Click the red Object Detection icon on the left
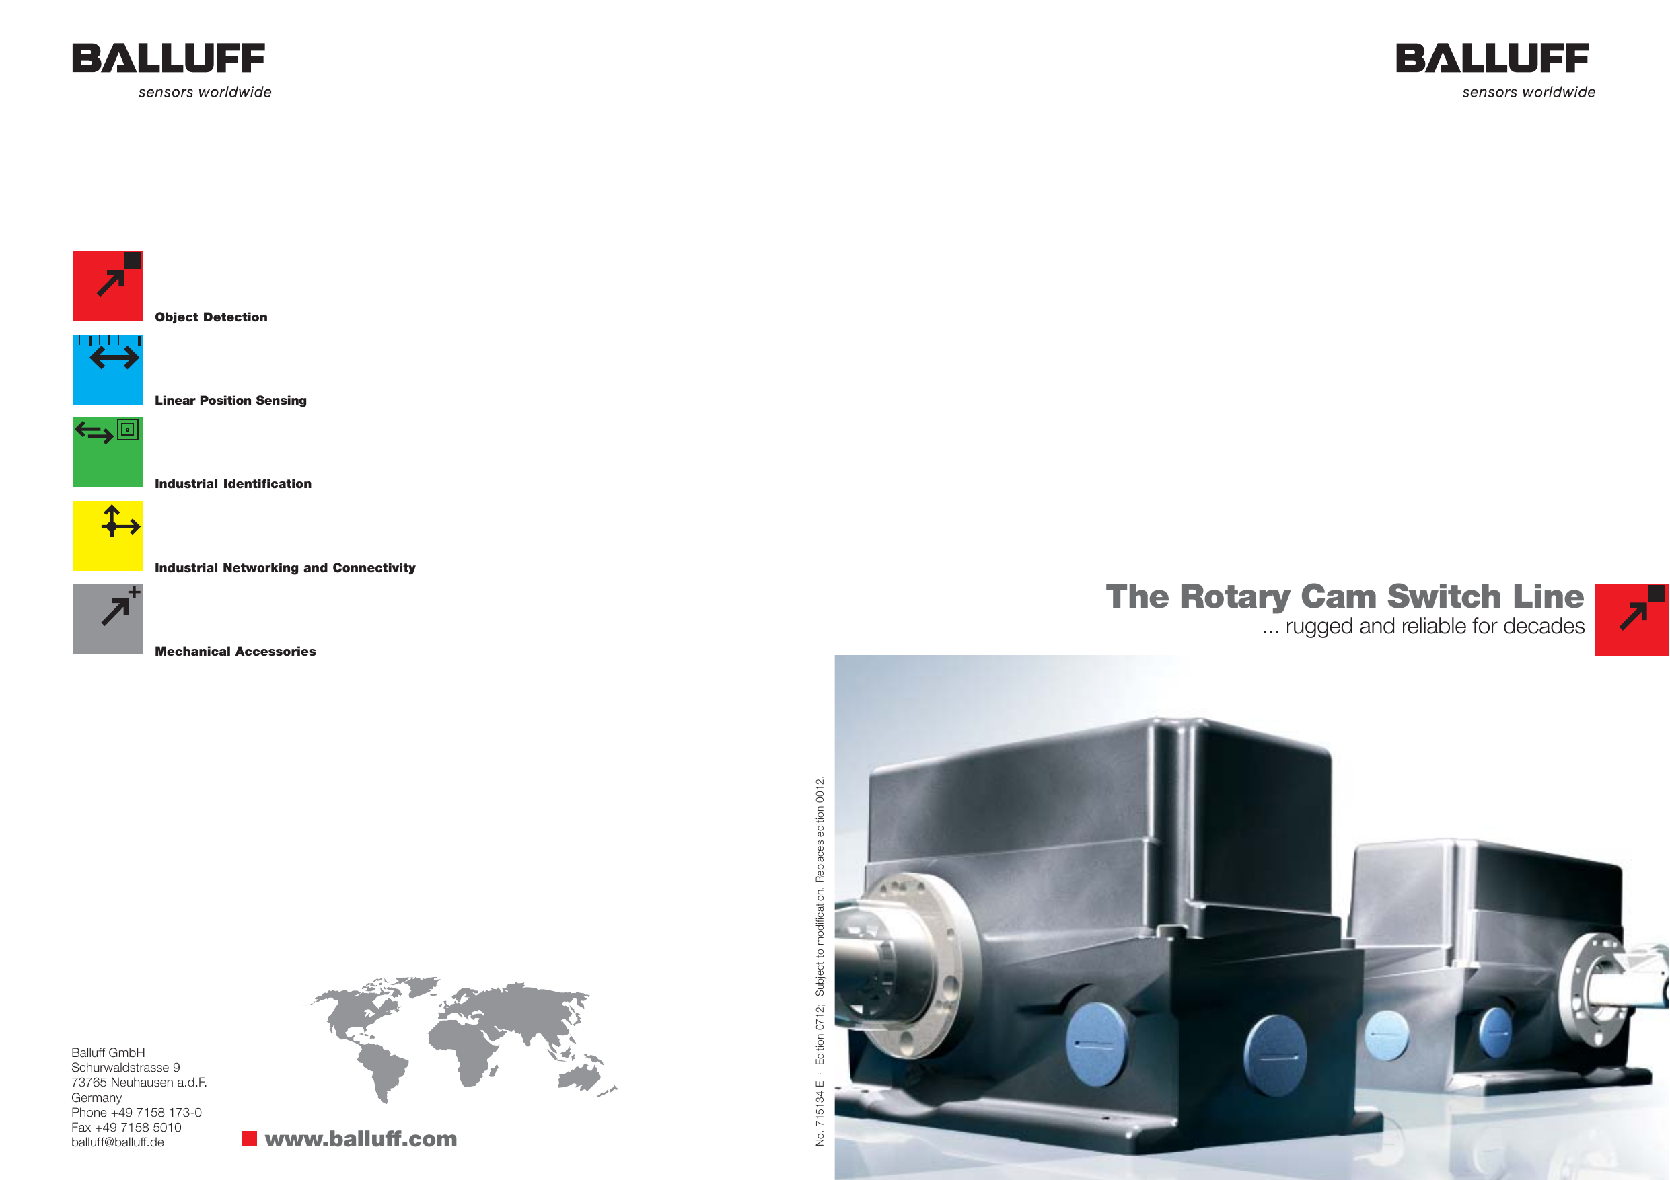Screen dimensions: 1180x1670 click(x=107, y=286)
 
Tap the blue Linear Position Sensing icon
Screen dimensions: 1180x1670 click(x=107, y=369)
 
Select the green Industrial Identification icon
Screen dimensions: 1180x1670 click(x=107, y=452)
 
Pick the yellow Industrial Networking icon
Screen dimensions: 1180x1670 click(x=107, y=536)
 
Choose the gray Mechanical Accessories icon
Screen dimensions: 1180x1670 click(x=107, y=619)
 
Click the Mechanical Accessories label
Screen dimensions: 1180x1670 click(x=235, y=652)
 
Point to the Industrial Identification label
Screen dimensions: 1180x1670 click(x=233, y=484)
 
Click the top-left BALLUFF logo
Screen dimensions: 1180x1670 click(x=169, y=59)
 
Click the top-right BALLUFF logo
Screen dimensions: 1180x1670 click(x=1492, y=59)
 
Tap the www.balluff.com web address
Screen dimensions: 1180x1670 click(x=361, y=1138)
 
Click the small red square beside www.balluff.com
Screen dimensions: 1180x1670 click(x=249, y=1138)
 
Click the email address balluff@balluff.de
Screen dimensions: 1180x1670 click(x=118, y=1142)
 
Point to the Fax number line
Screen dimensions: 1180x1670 click(x=126, y=1128)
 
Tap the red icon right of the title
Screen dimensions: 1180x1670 click(x=1631, y=619)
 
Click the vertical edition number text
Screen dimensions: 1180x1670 click(x=820, y=959)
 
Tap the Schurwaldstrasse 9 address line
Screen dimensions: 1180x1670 click(x=126, y=1067)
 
